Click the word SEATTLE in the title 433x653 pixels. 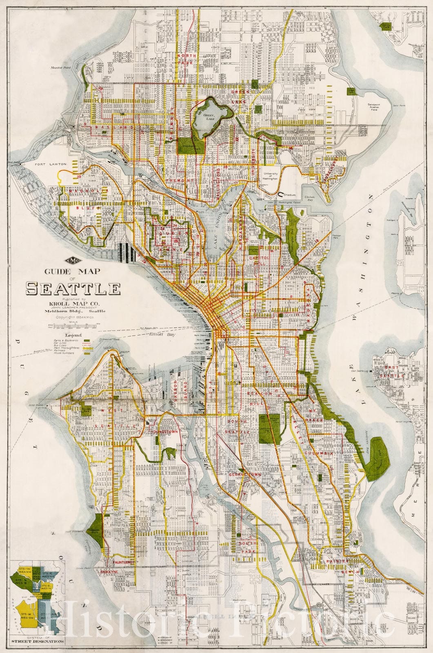(x=73, y=288)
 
